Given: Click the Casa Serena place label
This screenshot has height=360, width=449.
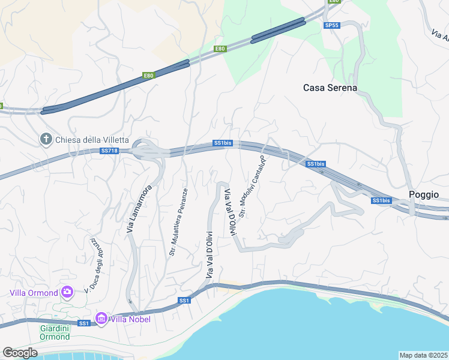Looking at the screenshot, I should point(330,88).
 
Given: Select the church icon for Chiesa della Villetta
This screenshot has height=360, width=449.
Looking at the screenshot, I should point(46,139).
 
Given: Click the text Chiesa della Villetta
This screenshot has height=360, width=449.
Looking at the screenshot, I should point(92,140).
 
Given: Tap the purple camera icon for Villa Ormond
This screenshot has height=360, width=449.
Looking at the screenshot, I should point(67,292).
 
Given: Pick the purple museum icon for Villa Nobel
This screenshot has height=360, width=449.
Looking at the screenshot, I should point(101,318).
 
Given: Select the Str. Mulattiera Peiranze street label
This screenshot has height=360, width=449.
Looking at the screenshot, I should point(179,222).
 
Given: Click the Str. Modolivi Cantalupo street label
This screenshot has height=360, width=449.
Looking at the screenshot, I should point(252,186).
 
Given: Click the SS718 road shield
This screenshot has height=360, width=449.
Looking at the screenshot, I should point(109,150).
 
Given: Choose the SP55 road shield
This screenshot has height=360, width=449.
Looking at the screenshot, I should point(331,25).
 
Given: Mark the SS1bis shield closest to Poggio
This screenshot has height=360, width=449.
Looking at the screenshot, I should point(381,200).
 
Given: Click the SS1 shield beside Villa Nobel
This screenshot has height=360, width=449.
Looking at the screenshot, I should point(83,323).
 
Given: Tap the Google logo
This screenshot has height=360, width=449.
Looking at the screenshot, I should point(20,353).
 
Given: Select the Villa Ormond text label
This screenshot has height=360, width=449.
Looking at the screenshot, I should point(34,293).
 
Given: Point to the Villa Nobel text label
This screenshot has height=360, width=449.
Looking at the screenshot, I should point(130,319).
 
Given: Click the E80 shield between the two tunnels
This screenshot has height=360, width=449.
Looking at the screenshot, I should point(220,49).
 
